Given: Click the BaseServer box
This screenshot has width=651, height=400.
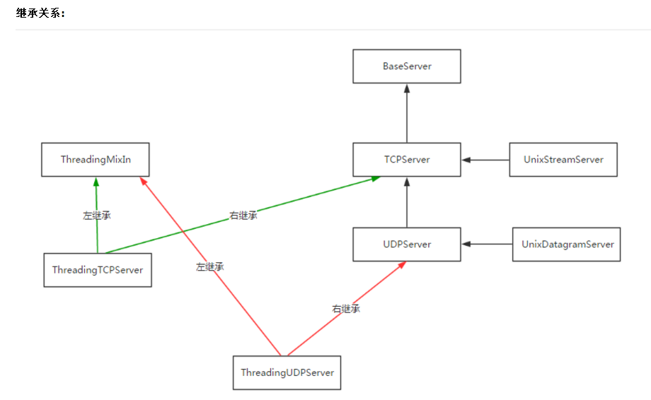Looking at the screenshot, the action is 407,66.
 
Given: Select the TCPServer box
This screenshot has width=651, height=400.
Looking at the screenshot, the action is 407,160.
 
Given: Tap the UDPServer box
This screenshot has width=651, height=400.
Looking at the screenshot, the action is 407,244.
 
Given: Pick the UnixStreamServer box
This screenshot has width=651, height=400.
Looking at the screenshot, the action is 563,160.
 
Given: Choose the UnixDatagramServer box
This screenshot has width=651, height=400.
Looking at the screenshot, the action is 566,244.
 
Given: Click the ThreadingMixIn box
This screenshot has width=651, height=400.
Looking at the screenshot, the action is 96,160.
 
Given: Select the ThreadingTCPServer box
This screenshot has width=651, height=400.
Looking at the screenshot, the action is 98,270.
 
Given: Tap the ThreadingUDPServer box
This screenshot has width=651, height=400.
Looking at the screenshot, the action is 287,372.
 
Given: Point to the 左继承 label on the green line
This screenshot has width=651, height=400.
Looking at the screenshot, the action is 97,216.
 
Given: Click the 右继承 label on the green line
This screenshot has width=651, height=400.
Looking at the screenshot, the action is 243,216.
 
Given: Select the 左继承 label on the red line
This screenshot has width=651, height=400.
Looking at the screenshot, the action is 210,267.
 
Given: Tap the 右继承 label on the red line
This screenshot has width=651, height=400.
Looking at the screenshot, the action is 346,309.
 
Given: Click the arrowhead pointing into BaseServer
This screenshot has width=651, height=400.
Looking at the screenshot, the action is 407,88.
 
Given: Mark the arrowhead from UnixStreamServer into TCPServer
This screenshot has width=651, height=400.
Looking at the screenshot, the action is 466,160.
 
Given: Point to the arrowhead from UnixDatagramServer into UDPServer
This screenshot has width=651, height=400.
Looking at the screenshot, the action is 466,244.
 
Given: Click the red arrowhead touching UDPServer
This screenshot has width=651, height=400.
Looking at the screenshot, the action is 402,265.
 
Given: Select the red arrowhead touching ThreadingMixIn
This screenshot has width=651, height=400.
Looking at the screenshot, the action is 143,181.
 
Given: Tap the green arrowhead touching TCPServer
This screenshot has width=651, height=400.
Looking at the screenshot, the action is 376,179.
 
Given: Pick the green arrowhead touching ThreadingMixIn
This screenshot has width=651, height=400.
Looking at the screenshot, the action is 96,182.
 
